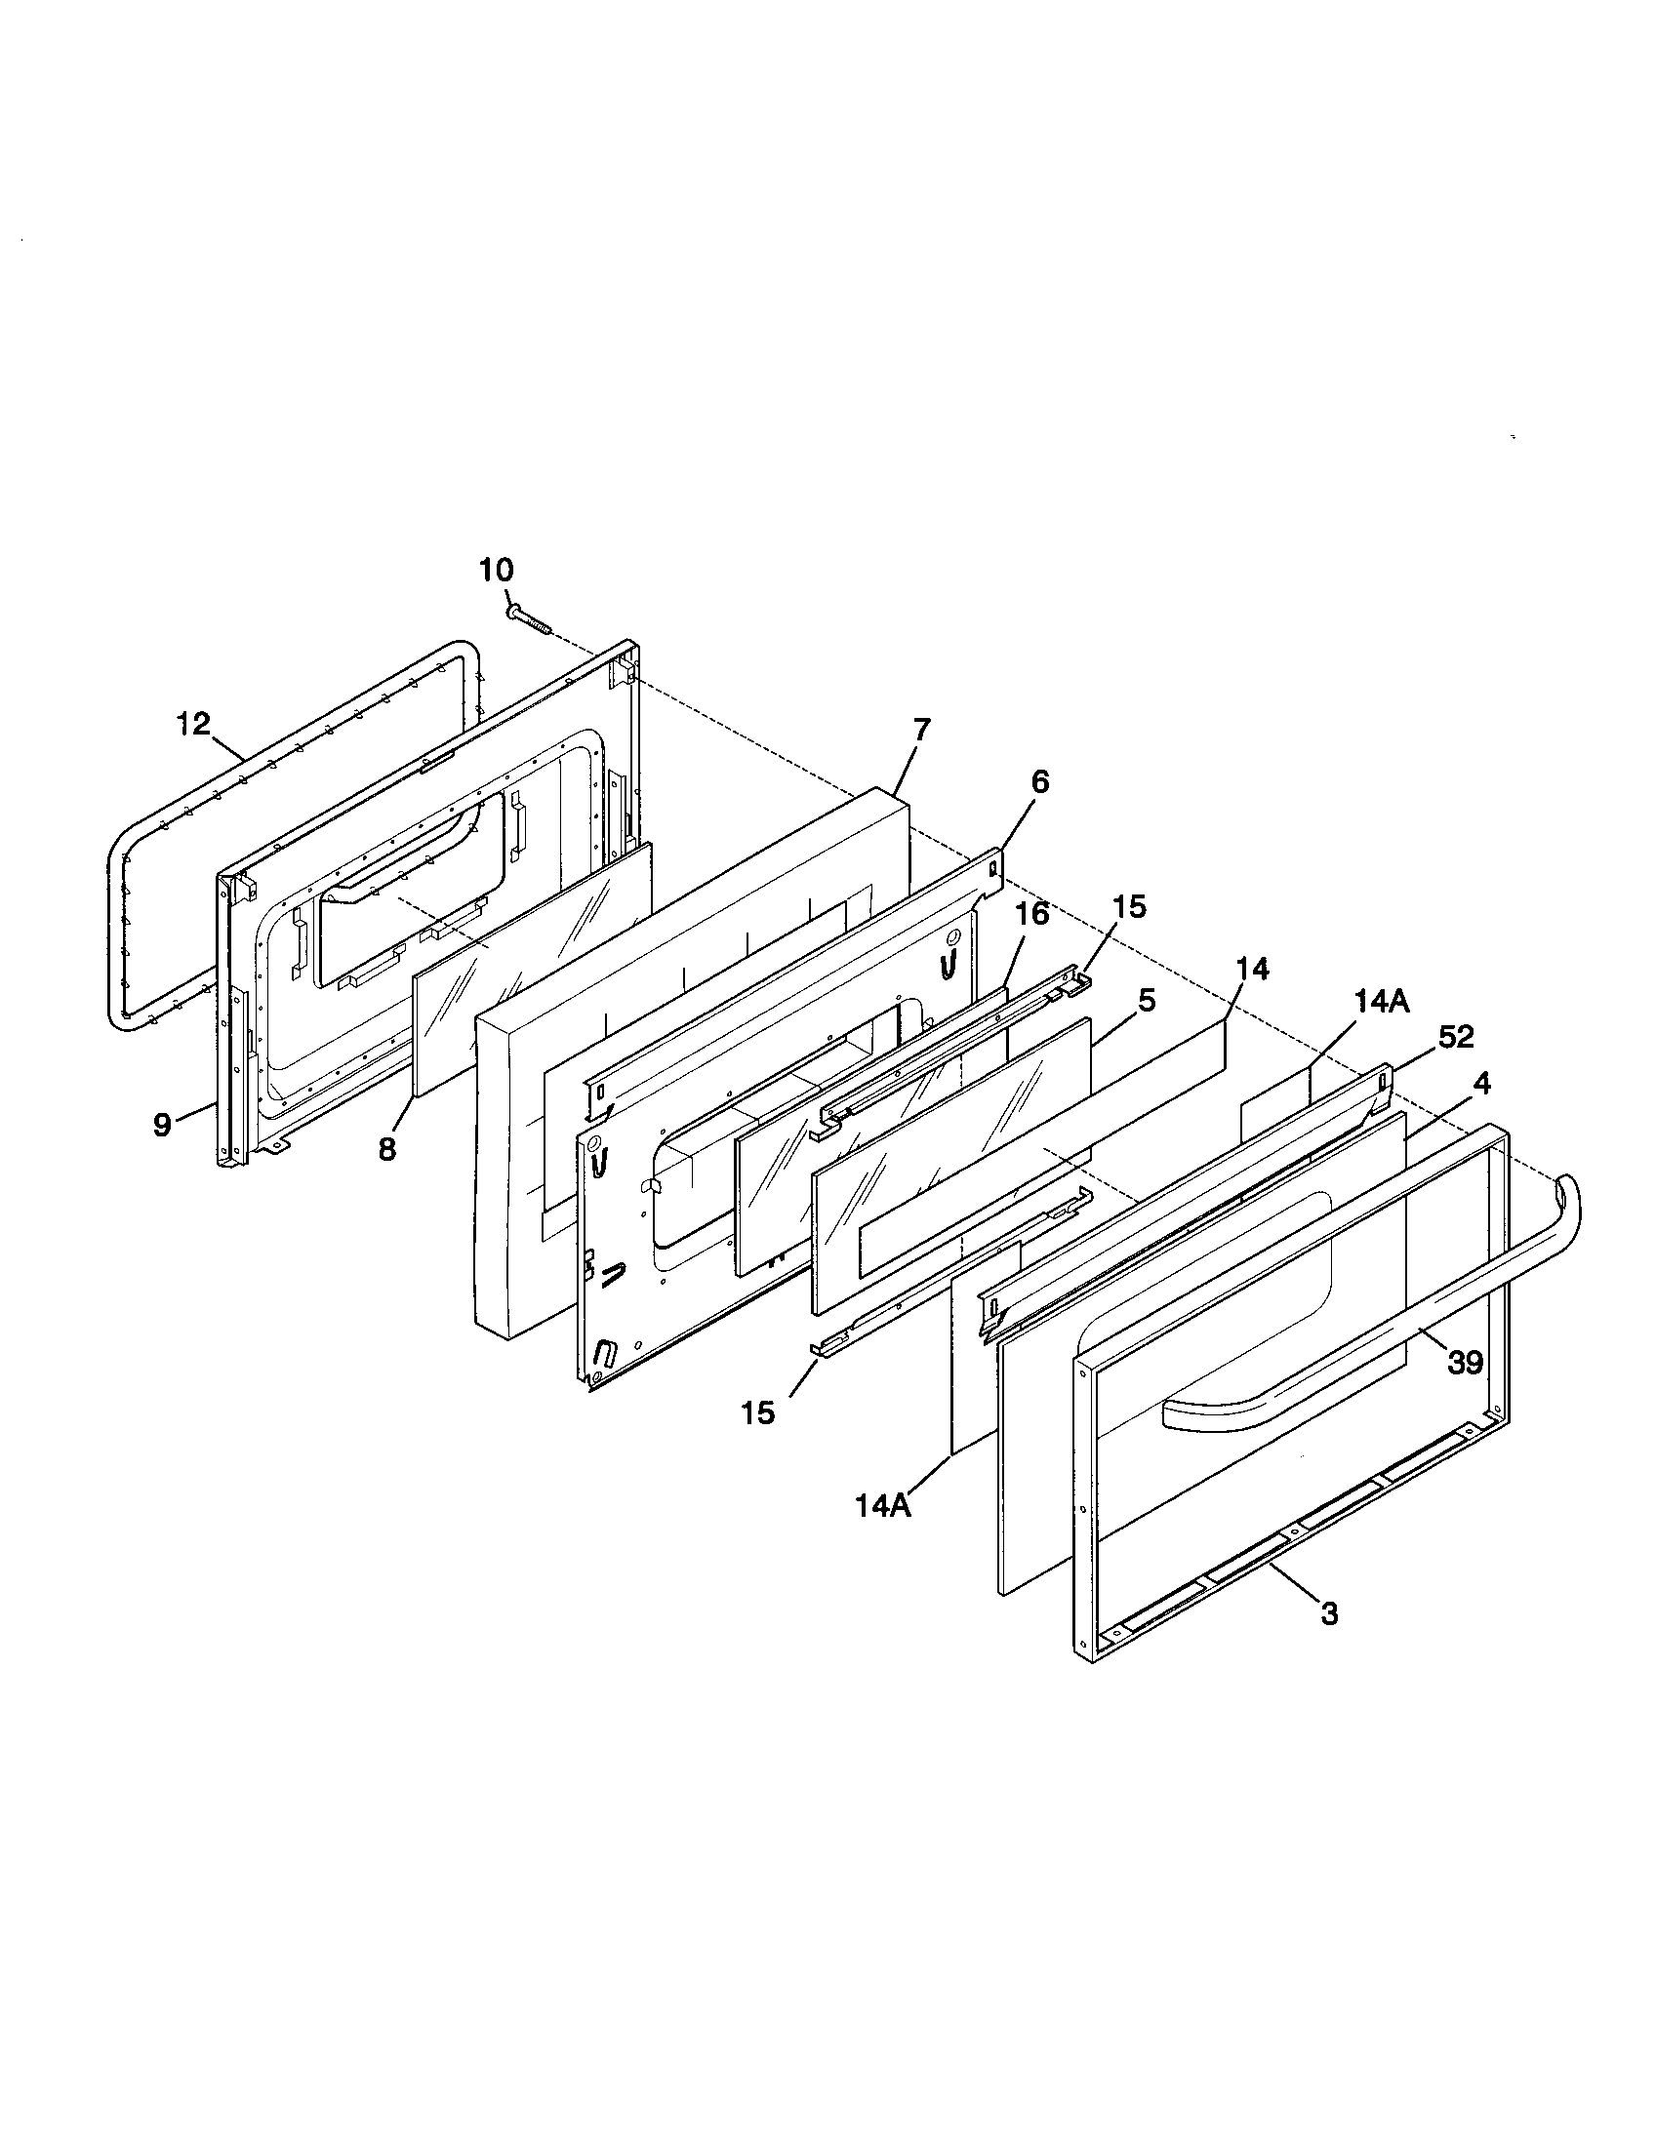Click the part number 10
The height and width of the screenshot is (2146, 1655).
tap(497, 570)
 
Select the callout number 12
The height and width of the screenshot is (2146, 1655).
tap(193, 724)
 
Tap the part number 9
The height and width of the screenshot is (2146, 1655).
tap(163, 1124)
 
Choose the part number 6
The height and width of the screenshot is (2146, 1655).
tap(1040, 782)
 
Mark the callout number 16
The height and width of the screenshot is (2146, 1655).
tap(1031, 914)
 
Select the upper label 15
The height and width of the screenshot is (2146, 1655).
tap(1130, 907)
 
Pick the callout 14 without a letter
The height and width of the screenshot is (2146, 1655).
tap(1252, 969)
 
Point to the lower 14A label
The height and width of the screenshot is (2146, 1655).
tap(882, 1506)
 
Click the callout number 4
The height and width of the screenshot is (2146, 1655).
tap(1481, 1084)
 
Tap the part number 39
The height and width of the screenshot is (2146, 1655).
tap(1465, 1363)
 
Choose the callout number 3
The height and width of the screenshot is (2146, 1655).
tap(1329, 1613)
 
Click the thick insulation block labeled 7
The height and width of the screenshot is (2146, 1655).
tap(688, 1032)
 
